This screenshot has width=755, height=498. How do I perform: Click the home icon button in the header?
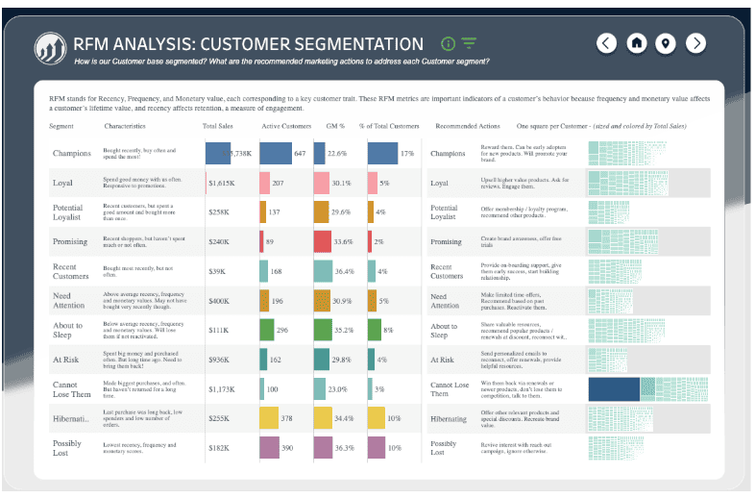(x=636, y=43)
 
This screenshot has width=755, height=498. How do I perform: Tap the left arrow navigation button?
(x=606, y=43)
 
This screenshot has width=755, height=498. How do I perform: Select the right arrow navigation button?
(x=696, y=43)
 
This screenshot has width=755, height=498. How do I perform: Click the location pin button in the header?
(x=666, y=43)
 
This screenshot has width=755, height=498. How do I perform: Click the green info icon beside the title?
(x=448, y=43)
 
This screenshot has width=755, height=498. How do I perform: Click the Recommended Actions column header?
(x=468, y=126)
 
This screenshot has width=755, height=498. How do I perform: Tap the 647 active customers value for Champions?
(x=300, y=154)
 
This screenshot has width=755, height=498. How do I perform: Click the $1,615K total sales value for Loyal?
(x=223, y=183)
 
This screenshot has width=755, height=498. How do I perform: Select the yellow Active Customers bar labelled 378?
(x=269, y=419)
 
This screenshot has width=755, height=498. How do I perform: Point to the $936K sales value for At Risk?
(x=222, y=361)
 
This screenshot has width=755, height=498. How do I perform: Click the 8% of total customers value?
(x=388, y=331)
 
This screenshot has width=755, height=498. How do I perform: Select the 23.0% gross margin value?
(x=336, y=389)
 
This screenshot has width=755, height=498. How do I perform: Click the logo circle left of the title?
(x=49, y=45)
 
